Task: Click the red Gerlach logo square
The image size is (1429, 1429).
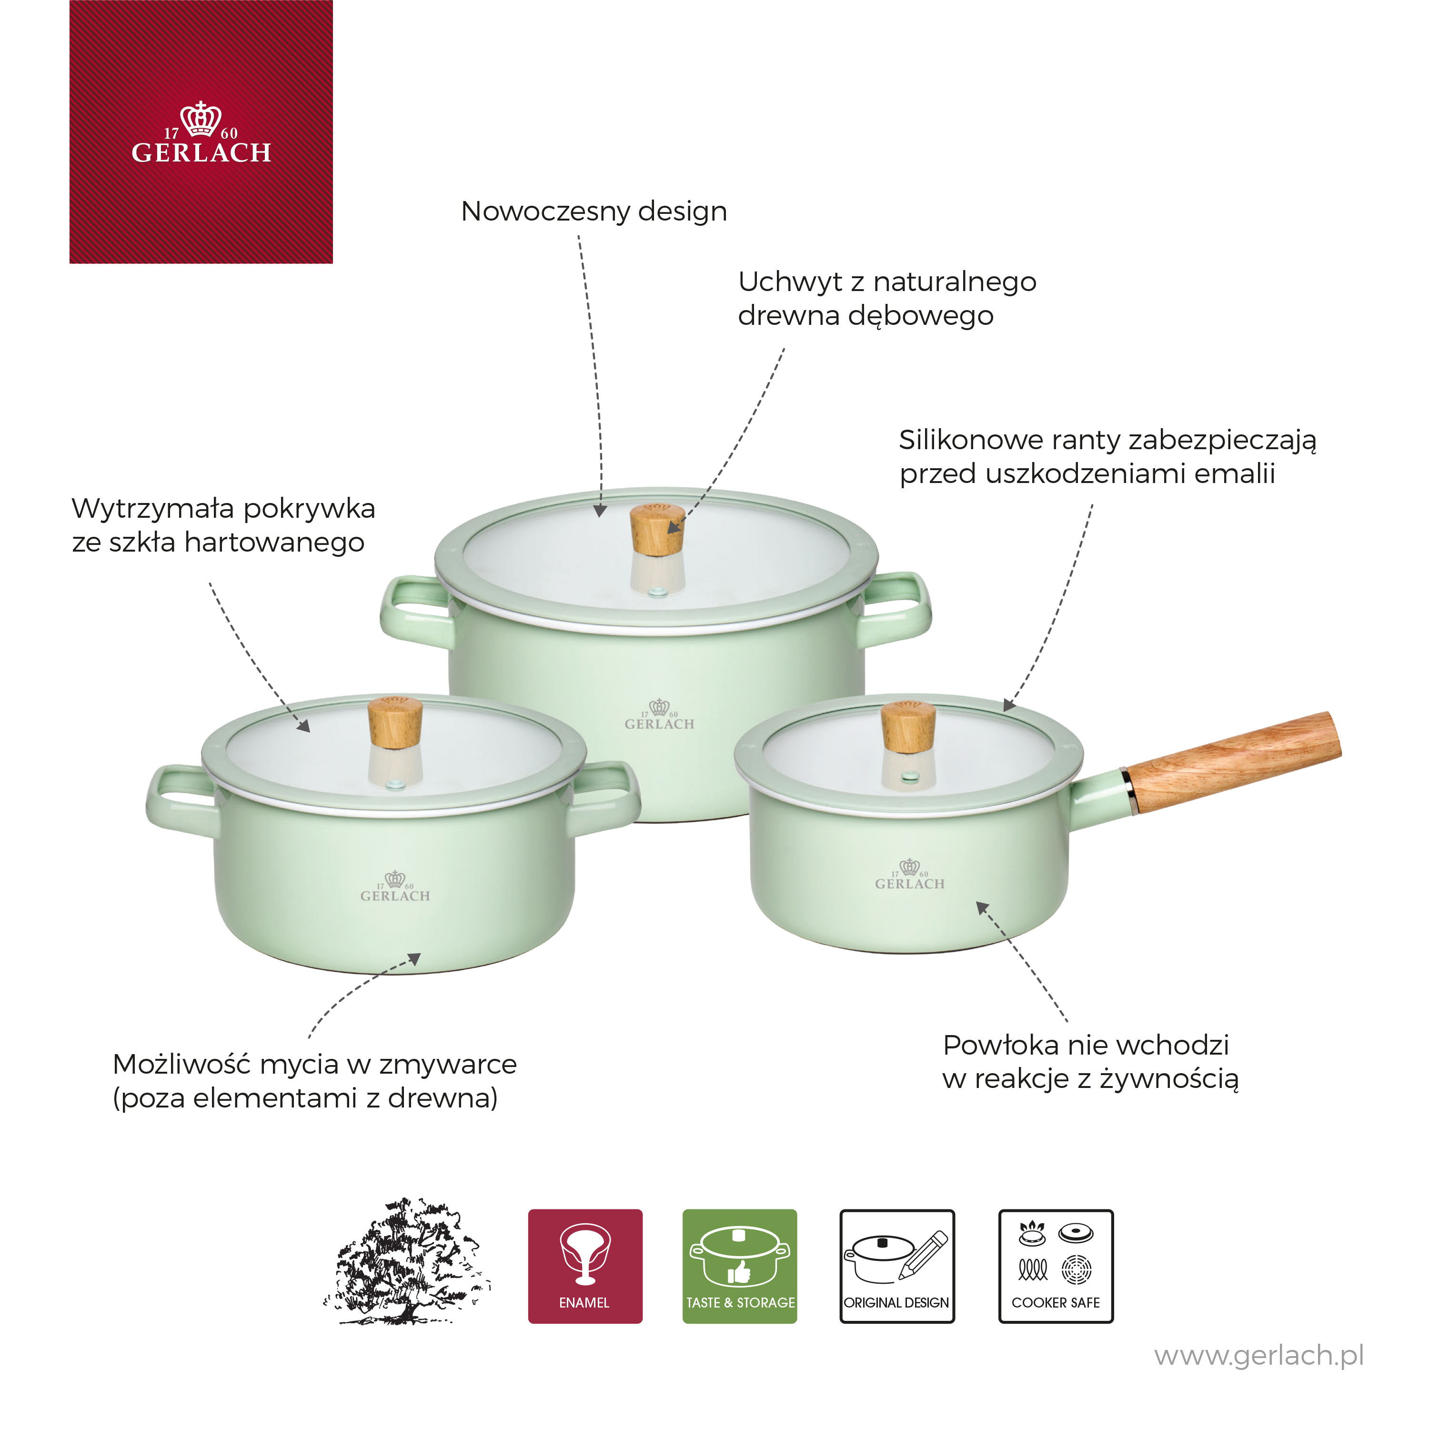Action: [x=201, y=131]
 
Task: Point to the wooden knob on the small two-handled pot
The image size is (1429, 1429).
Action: [x=395, y=724]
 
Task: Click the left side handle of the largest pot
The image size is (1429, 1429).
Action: [x=416, y=613]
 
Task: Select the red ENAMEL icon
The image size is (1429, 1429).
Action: [x=585, y=1266]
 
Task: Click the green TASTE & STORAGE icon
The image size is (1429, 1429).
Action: [x=740, y=1266]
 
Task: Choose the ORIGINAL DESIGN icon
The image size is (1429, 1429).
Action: [x=897, y=1266]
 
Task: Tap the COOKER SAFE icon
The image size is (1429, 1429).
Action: [x=1056, y=1266]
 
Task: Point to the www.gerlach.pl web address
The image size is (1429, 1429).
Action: [x=1259, y=1356]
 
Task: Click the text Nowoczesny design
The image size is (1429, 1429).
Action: [x=594, y=211]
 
